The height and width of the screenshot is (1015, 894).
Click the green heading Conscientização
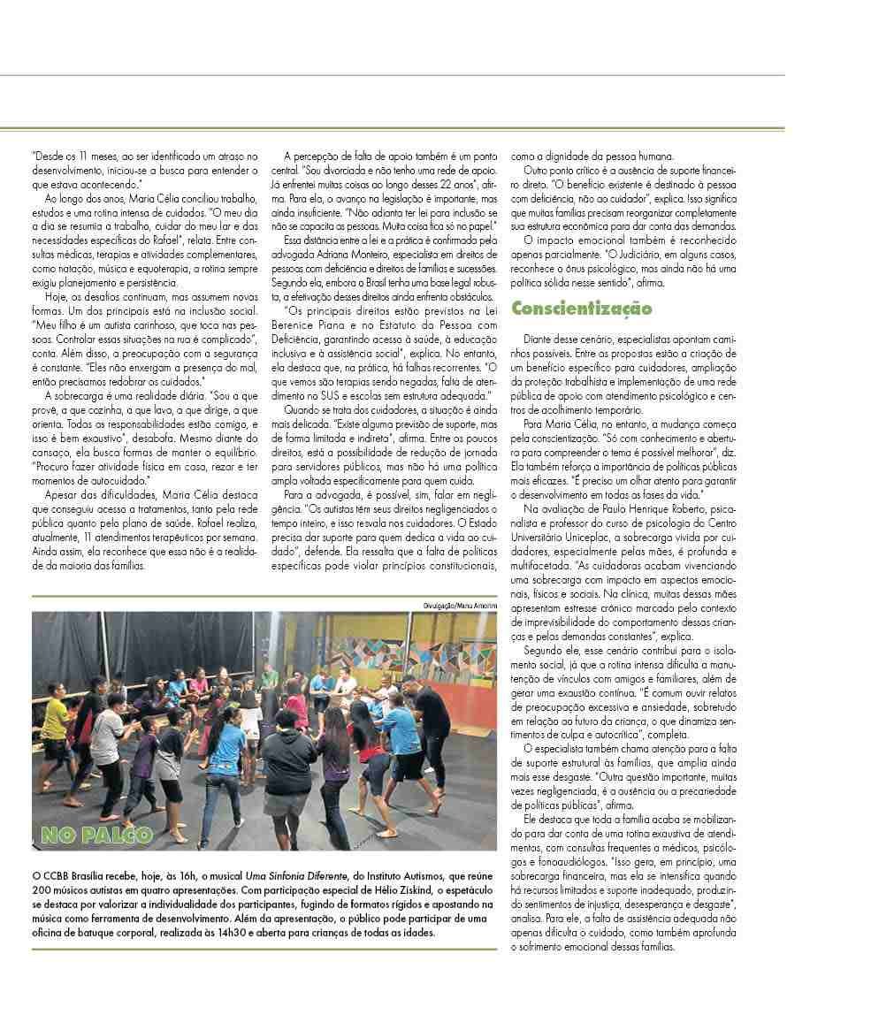click(582, 309)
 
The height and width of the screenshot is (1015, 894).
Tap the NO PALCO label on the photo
click(97, 834)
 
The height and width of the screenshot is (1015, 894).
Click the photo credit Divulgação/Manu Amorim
click(459, 604)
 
